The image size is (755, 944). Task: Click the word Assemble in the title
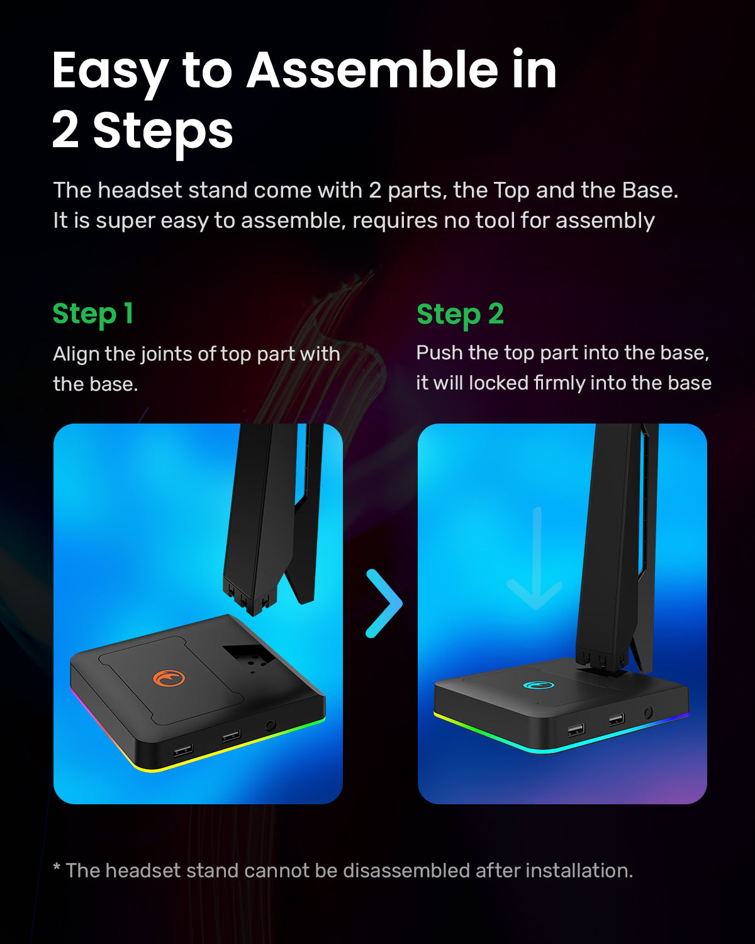coord(371,70)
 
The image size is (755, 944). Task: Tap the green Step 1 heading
coord(92,314)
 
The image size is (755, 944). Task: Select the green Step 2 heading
coord(460,314)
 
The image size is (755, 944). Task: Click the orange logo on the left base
coord(169,678)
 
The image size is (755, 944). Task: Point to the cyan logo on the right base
coord(538,685)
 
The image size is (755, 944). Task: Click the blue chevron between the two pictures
coord(384,603)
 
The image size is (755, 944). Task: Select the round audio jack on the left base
coord(271,725)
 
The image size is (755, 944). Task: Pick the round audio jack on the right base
coord(647,713)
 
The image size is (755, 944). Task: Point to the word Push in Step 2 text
coord(439,353)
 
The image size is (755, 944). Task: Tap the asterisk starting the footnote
coord(57,869)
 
